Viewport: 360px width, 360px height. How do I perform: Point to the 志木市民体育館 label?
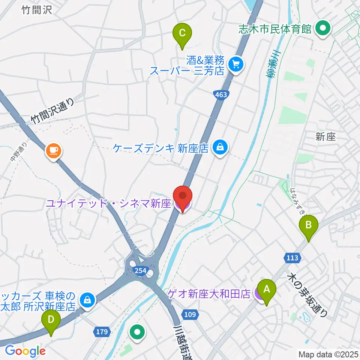[276, 29]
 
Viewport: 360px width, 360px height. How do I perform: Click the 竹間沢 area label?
[36, 10]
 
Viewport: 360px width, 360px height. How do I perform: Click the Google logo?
[25, 351]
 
